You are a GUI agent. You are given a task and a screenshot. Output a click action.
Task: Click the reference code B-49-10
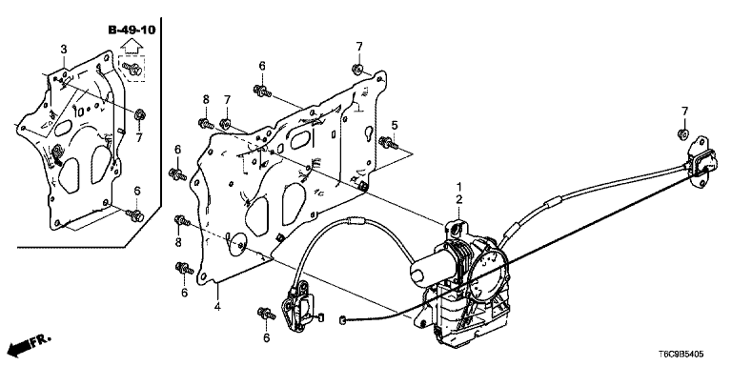click(x=132, y=30)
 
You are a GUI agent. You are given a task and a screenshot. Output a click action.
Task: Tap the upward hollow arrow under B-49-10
click(x=132, y=46)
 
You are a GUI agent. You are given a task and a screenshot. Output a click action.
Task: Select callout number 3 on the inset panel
click(x=64, y=49)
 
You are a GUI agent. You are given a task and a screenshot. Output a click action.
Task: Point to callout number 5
click(x=395, y=125)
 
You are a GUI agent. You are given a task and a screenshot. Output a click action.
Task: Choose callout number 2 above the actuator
click(x=458, y=200)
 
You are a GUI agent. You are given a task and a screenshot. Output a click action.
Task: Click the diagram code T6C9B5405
click(x=681, y=355)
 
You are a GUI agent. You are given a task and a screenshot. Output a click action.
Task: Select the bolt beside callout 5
click(x=389, y=142)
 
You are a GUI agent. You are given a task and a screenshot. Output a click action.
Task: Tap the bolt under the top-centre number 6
click(x=262, y=91)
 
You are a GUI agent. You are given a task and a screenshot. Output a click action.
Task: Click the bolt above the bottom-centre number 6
click(x=266, y=314)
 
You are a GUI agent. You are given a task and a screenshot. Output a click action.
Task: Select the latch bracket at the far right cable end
click(x=701, y=162)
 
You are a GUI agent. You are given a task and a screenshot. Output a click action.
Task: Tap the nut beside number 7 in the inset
click(x=138, y=114)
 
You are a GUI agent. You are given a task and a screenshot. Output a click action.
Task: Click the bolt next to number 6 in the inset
click(x=135, y=215)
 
